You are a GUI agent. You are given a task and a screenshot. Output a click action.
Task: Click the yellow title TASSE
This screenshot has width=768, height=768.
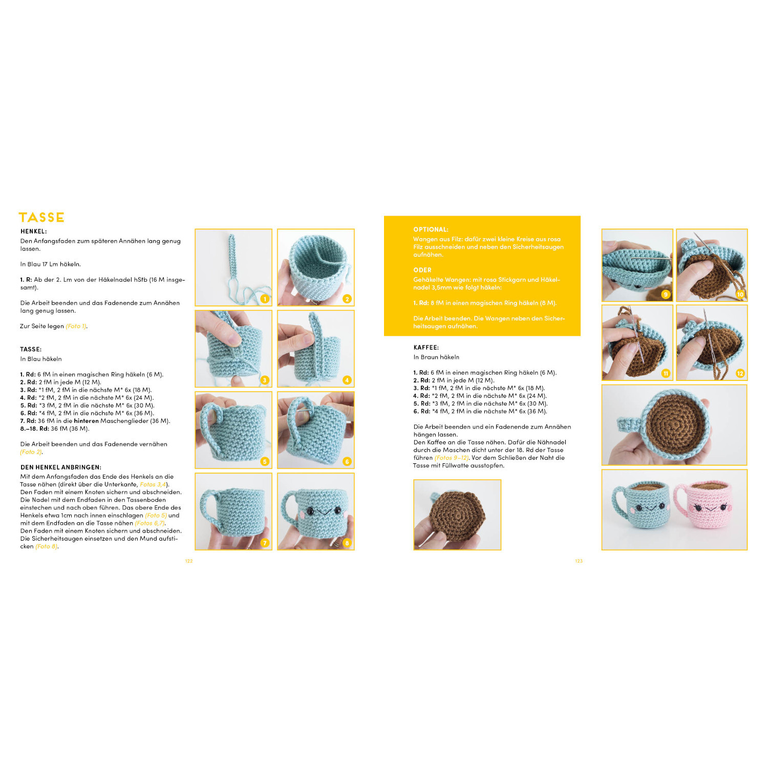pos(41,217)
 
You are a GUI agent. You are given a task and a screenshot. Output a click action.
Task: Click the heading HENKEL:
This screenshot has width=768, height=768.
pos(34,231)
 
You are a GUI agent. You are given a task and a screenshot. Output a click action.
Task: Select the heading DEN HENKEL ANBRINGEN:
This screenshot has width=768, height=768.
pos(61,467)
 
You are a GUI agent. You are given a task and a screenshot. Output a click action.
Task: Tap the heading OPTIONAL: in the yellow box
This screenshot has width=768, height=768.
pos(431,229)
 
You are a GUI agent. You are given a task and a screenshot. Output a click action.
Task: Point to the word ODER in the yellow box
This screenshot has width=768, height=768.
pos(422,270)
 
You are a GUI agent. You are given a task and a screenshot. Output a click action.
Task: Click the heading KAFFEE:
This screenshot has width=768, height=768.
pos(426,348)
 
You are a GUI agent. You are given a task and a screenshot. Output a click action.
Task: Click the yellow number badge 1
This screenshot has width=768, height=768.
pos(265,299)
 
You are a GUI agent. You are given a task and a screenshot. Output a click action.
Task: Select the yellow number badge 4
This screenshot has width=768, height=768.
pos(347,380)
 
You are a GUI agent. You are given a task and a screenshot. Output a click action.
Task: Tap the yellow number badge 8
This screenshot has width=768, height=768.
pos(347,543)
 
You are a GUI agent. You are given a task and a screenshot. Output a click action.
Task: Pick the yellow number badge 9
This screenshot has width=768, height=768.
pos(666,294)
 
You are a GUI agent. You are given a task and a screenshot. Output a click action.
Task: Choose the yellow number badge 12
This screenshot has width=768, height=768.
pos(740,373)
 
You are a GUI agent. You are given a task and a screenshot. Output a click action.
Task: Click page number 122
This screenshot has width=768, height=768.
pos(189,561)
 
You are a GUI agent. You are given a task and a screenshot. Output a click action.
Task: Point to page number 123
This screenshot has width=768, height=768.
pos(579,561)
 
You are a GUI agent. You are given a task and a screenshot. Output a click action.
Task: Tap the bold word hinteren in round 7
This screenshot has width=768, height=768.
pos(86,421)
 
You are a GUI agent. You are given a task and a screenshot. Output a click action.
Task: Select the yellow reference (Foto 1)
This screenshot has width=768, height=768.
pos(76,326)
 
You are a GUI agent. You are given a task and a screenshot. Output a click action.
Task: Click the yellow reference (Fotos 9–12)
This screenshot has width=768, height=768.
pos(452,458)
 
